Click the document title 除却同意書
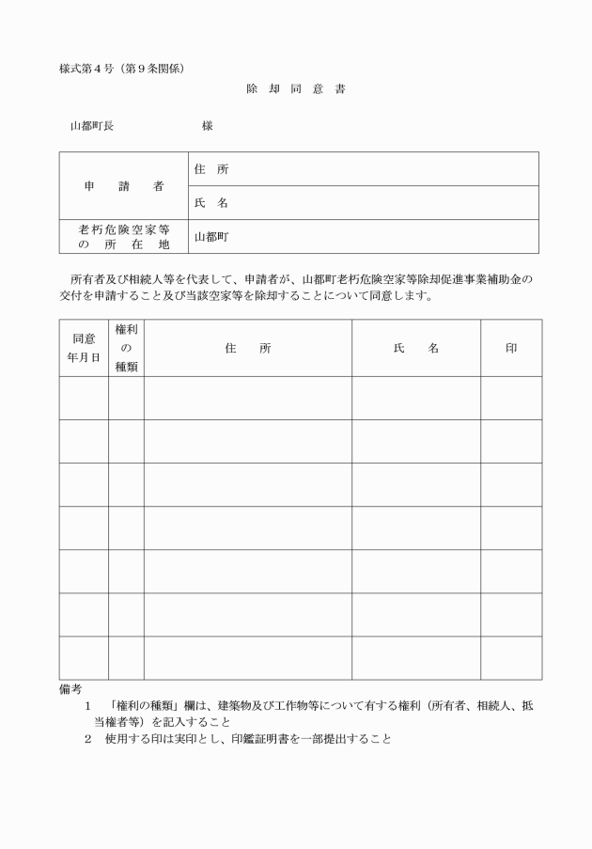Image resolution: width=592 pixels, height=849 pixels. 296,92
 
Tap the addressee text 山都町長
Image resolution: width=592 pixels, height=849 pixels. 92,126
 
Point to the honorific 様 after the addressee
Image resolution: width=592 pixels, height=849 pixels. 207,126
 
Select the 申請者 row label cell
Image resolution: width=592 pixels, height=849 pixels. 124,186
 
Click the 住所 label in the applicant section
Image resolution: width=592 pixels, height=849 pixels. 210,169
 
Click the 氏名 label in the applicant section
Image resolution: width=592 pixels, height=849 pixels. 210,203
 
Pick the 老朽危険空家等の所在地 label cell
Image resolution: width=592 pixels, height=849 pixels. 124,237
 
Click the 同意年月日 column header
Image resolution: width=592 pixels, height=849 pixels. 84,348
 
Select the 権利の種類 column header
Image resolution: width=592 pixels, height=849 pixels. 126,348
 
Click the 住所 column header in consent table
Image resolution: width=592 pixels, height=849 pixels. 247,348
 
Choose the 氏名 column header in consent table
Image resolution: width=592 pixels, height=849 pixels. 416,348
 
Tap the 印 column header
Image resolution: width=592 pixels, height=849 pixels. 511,348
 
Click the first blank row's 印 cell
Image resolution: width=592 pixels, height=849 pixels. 511,398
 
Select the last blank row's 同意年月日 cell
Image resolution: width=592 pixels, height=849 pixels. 84,657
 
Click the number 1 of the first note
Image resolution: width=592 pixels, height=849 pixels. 87,706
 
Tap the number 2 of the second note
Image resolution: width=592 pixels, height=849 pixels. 87,738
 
